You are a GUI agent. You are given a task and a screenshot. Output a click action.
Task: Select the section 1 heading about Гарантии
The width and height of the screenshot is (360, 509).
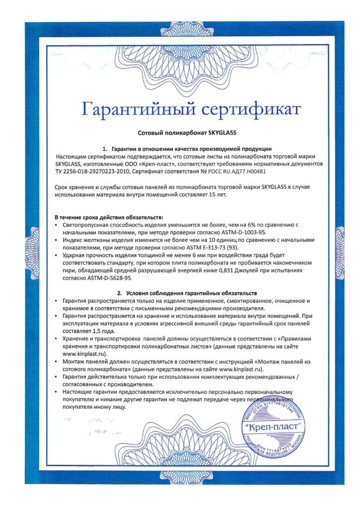(x=186, y=149)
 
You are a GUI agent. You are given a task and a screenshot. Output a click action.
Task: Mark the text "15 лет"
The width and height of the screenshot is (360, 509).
(x=217, y=194)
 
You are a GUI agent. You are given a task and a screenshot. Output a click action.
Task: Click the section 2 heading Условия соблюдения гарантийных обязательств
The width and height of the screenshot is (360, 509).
(x=186, y=293)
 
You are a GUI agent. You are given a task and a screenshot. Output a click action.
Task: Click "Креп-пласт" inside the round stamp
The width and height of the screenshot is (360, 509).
(x=274, y=426)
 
